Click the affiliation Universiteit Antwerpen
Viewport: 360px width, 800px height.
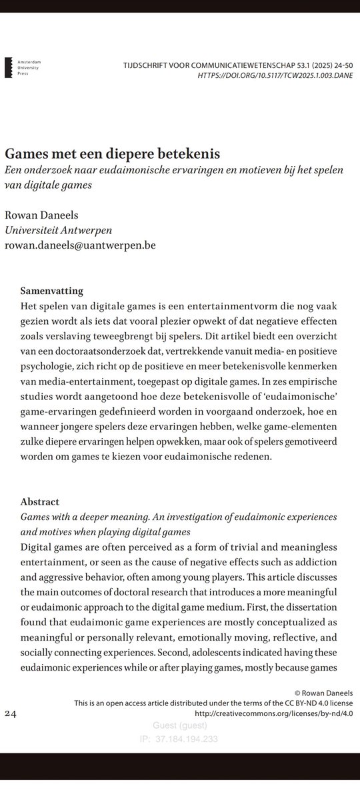[59, 230]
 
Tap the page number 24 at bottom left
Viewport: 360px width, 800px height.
[11, 714]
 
